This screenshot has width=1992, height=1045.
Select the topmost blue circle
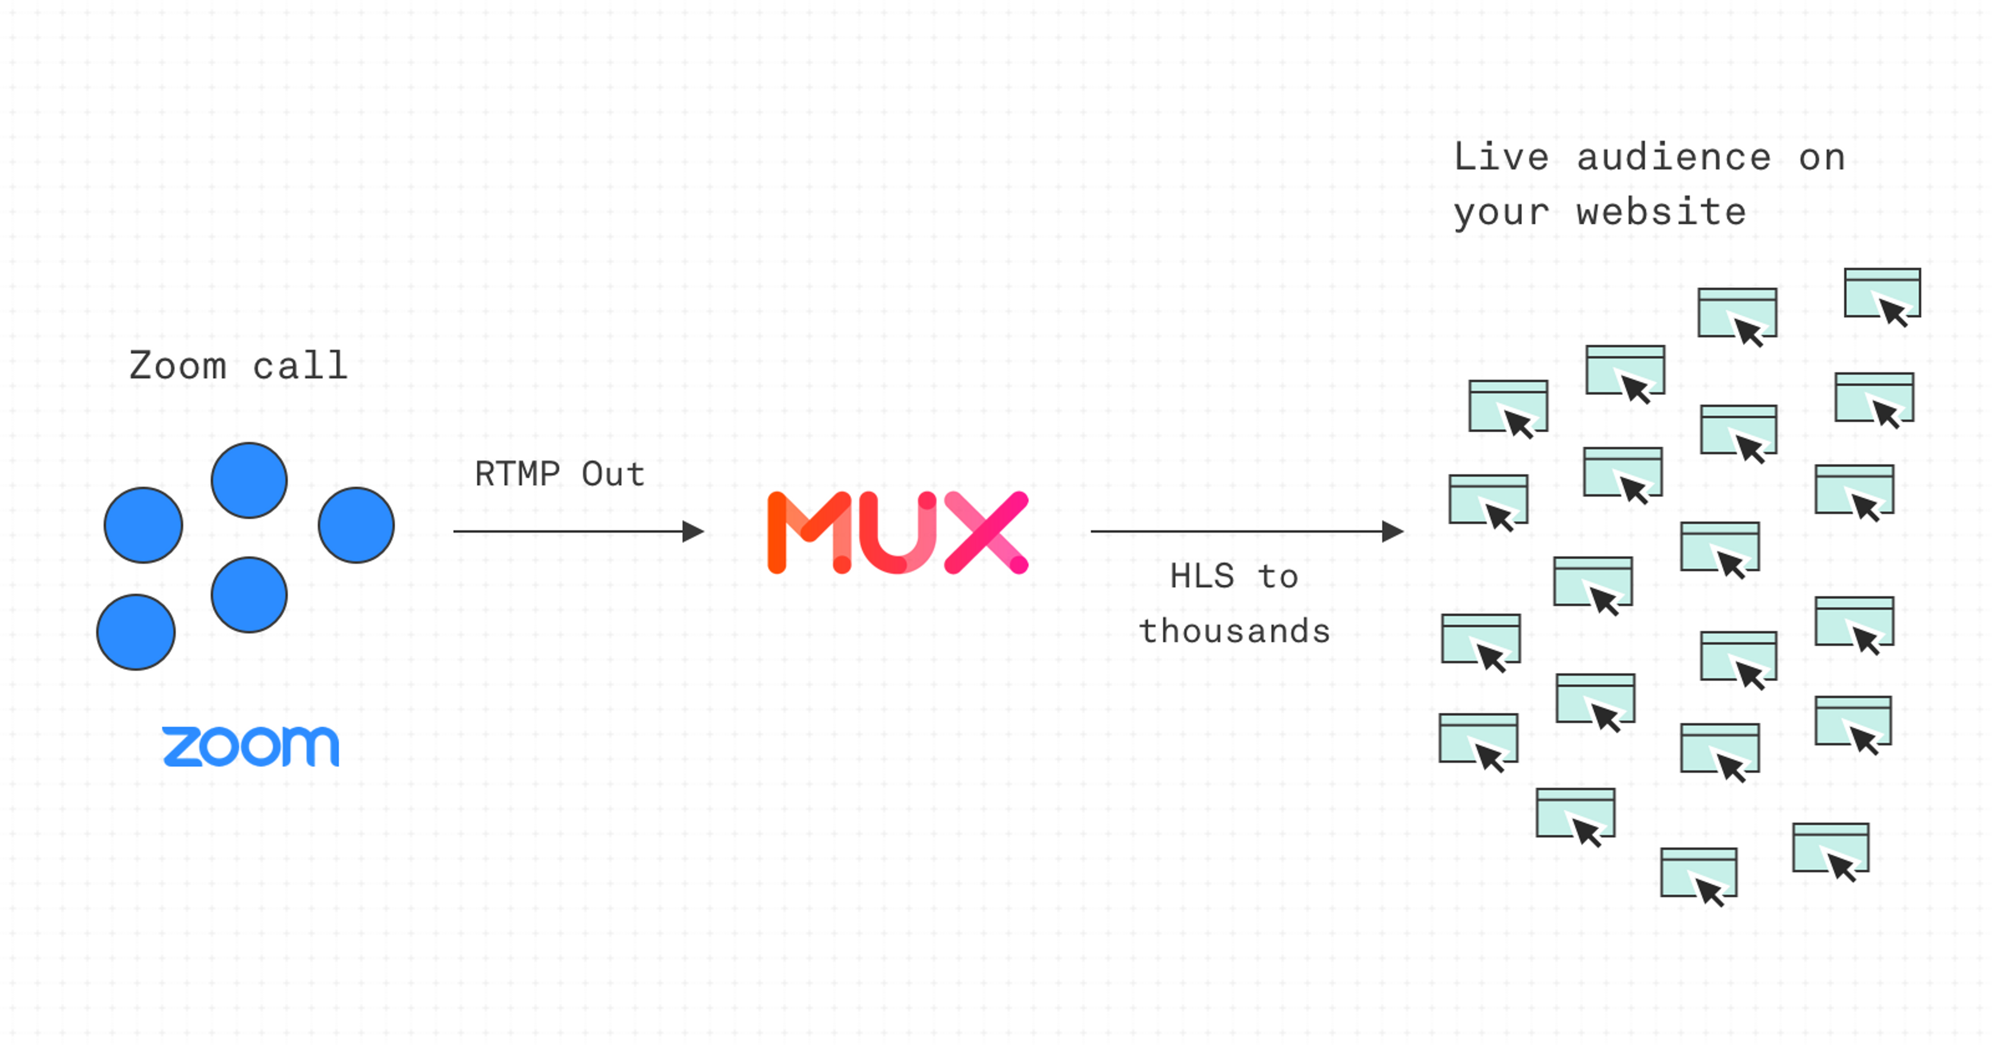click(249, 480)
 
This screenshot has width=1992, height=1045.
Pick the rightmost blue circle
click(356, 525)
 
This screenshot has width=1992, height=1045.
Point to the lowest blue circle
click(136, 631)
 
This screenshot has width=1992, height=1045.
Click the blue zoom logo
click(251, 746)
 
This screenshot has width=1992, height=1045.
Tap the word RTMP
click(517, 474)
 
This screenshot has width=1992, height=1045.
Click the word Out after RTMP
click(613, 474)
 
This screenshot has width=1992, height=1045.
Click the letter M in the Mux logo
click(809, 532)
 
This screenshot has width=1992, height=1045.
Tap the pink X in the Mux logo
click(987, 532)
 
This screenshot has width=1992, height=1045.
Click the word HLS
click(1202, 576)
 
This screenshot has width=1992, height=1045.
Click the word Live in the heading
click(1501, 158)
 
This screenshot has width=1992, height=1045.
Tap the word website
click(1661, 213)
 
